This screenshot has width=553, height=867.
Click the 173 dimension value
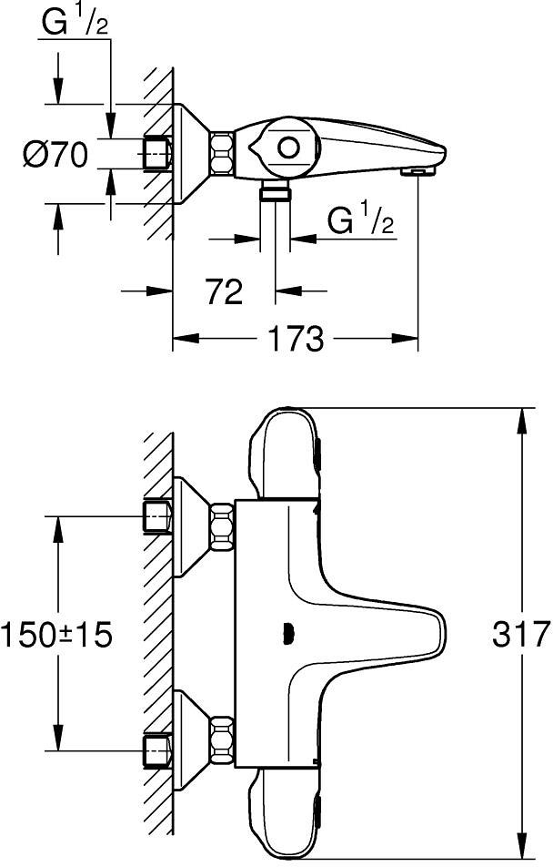coord(296,340)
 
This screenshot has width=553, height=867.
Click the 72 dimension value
coord(224,292)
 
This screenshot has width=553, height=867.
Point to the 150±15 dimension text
coord(56,633)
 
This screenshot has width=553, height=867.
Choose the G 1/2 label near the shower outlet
coord(360,220)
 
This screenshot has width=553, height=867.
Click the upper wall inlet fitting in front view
coord(158,517)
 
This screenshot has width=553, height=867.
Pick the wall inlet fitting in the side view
coord(157,154)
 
